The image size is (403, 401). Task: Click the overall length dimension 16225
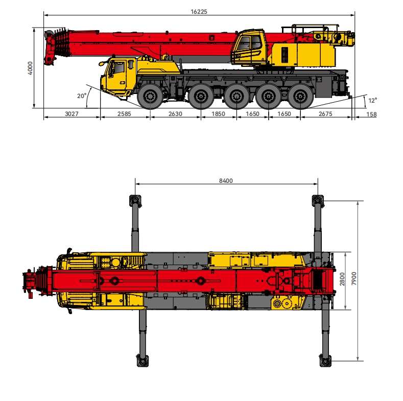tap(200, 11)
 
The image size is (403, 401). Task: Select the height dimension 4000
tap(30, 67)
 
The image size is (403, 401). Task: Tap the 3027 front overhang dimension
tap(72, 114)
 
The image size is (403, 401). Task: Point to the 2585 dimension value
tap(125, 114)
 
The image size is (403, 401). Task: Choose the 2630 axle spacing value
tap(175, 114)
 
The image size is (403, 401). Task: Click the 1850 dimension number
tap(218, 114)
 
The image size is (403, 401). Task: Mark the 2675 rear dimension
tap(325, 114)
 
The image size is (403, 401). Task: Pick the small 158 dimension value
tap(371, 114)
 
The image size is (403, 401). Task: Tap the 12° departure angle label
tap(372, 101)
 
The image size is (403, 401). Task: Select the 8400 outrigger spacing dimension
tap(225, 181)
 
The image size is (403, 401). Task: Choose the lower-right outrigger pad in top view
tap(324, 360)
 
